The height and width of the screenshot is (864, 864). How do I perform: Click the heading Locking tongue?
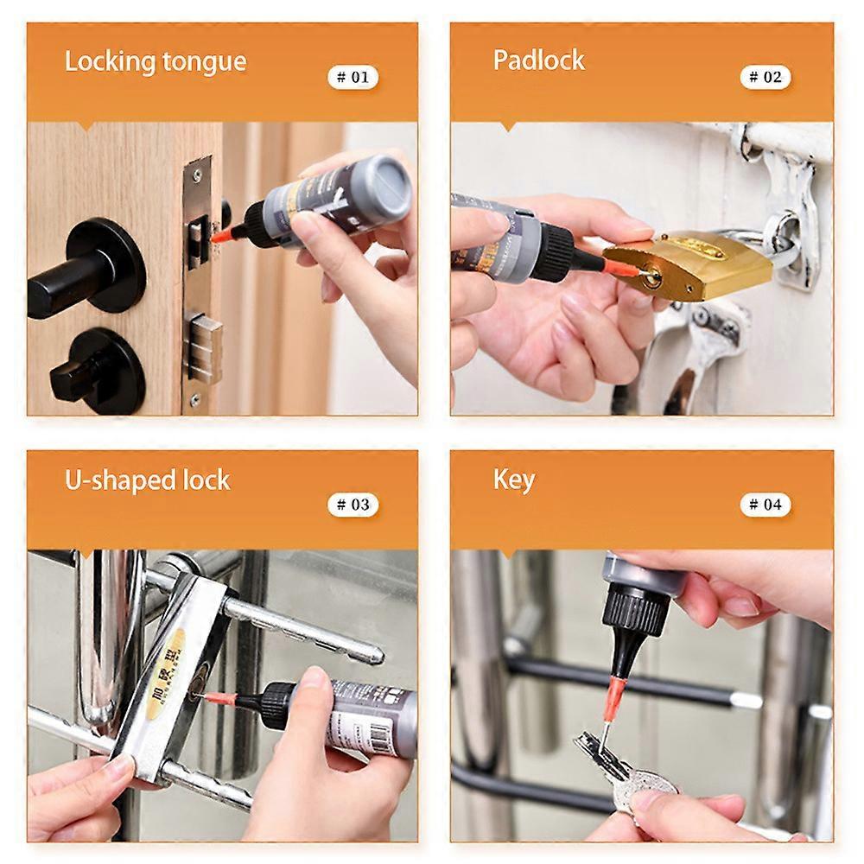156,62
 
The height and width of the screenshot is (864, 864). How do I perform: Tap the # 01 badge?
353,77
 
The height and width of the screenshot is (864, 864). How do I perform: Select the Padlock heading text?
538,60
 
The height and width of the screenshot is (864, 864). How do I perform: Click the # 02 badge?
766,77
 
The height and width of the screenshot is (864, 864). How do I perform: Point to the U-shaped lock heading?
148,480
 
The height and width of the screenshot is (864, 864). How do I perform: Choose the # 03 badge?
353,505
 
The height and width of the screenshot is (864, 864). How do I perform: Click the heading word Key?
514,480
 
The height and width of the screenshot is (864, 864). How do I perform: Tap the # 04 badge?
766,505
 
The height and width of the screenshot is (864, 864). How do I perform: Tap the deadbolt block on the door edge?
204,349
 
